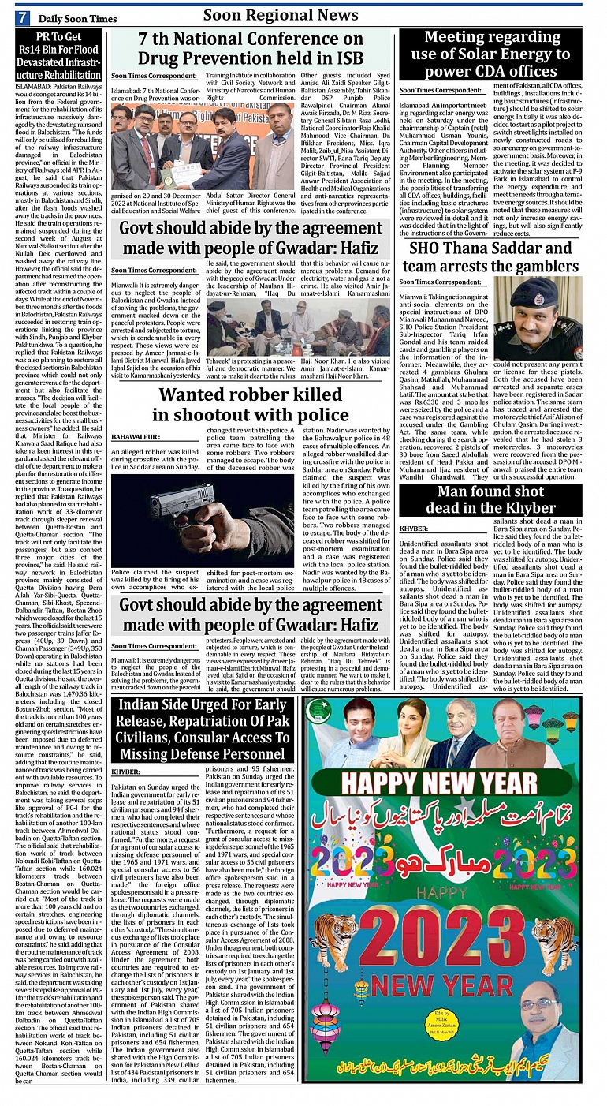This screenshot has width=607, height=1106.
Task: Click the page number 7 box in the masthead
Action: click(23, 17)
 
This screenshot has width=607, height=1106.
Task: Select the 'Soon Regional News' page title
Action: click(280, 15)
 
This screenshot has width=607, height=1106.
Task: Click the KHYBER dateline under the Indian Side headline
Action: click(126, 772)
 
